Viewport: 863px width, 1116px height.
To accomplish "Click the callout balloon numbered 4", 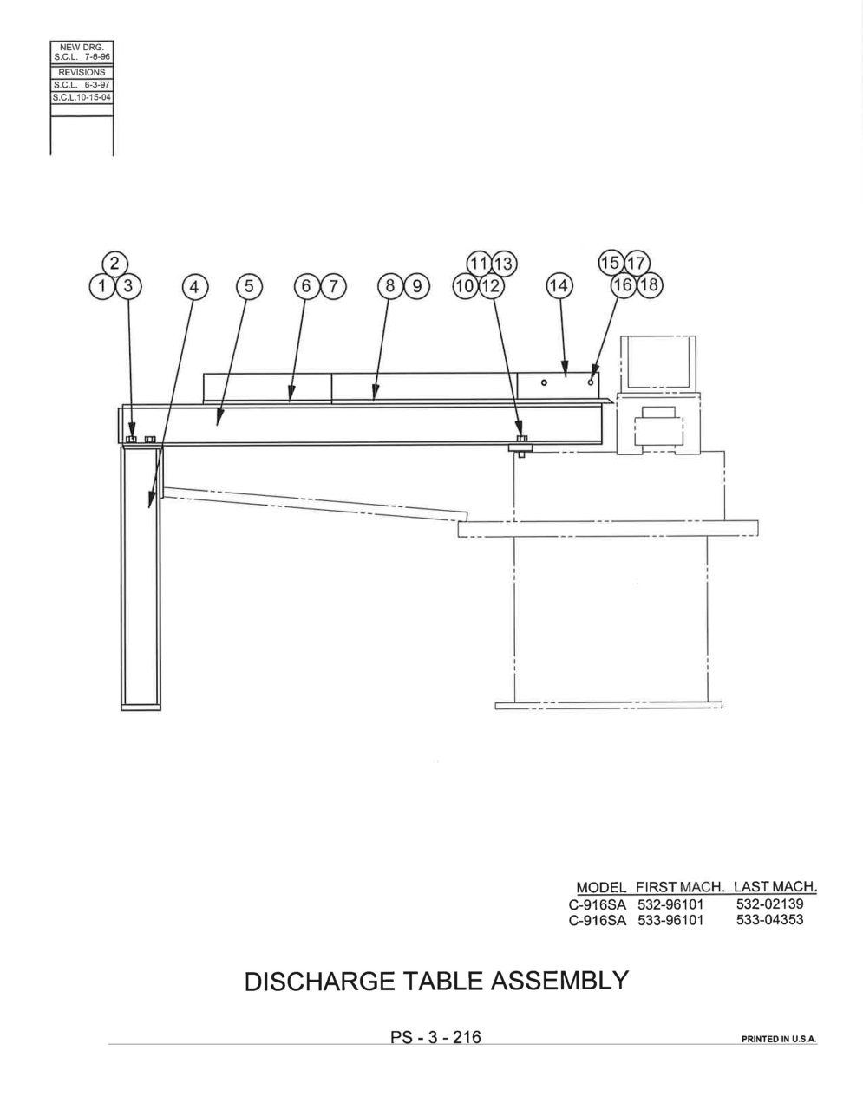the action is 194,286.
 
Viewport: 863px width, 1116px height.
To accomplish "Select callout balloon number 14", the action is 559,285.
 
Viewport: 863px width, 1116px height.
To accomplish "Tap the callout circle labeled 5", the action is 249,286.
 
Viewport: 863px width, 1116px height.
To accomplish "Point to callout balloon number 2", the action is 115,264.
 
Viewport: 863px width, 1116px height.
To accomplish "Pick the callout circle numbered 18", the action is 650,284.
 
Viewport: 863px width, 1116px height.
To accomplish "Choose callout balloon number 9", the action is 417,286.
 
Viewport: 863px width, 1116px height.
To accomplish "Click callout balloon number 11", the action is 479,264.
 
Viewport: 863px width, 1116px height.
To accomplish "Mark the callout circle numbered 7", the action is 333,286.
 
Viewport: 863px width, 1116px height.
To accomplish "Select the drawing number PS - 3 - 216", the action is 435,1037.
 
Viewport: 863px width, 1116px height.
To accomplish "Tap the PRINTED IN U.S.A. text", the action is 779,1039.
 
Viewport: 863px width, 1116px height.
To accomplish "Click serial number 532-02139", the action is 769,904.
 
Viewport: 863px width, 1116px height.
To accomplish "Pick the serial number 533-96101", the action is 670,920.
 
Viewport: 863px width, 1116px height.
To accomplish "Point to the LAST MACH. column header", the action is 775,886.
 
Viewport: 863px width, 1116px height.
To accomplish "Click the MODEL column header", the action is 601,887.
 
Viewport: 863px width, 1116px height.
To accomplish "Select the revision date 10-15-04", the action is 94,97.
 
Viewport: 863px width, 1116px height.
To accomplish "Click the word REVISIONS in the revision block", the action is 82,73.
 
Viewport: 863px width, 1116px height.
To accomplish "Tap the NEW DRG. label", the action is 82,48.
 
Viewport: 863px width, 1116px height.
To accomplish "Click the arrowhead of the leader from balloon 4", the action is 151,500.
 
